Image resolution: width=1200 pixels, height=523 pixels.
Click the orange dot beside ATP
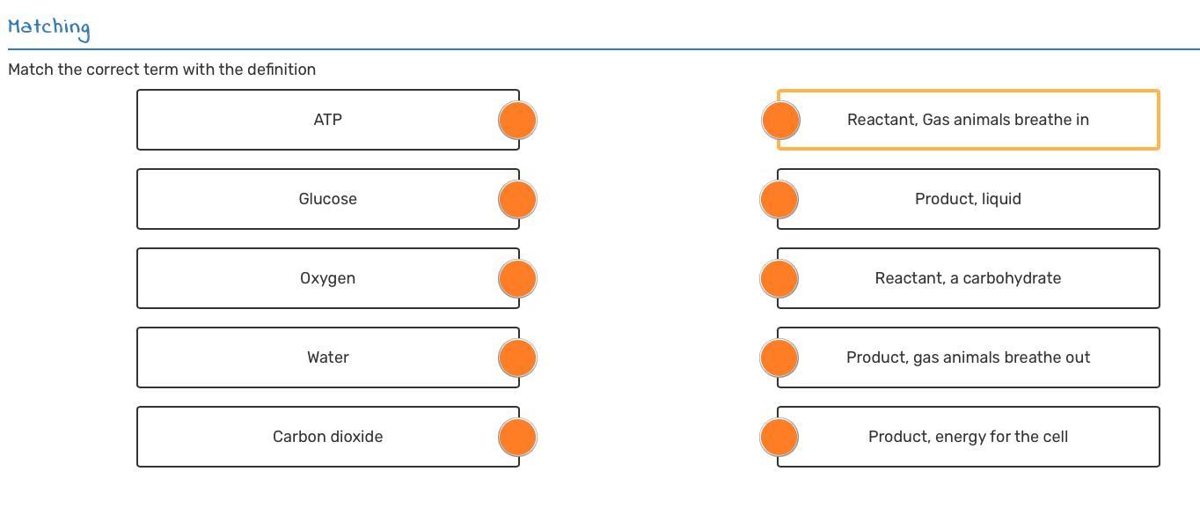(x=517, y=120)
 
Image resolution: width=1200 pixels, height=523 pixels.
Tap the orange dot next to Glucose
(x=517, y=199)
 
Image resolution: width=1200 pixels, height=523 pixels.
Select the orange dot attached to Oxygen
(x=517, y=278)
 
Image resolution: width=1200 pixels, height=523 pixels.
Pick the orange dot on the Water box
(x=517, y=357)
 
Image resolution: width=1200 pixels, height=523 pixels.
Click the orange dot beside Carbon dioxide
(x=517, y=437)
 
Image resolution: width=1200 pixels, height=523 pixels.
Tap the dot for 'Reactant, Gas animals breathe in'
(x=780, y=120)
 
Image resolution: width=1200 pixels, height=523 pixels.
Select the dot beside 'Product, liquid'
(x=779, y=199)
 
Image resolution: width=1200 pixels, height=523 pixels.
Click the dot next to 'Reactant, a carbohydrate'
(x=779, y=278)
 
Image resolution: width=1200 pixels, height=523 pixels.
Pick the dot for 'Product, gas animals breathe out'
(x=779, y=357)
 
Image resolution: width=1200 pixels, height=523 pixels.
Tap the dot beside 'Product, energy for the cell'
(x=779, y=437)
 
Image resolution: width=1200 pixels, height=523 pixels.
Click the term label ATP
(x=327, y=120)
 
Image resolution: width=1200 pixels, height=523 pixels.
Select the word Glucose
(x=327, y=199)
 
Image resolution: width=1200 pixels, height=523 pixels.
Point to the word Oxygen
(x=327, y=278)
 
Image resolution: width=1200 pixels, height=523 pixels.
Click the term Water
(x=327, y=357)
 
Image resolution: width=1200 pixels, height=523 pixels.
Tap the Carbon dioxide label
(x=327, y=437)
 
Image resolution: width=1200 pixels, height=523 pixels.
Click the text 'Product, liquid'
(x=968, y=199)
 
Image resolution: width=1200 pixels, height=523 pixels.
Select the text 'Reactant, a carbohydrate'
(x=968, y=278)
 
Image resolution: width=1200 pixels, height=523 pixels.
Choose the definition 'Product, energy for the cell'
(x=968, y=437)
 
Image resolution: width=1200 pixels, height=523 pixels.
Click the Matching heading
(x=48, y=27)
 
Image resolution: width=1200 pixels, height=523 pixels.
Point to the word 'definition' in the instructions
(x=281, y=70)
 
